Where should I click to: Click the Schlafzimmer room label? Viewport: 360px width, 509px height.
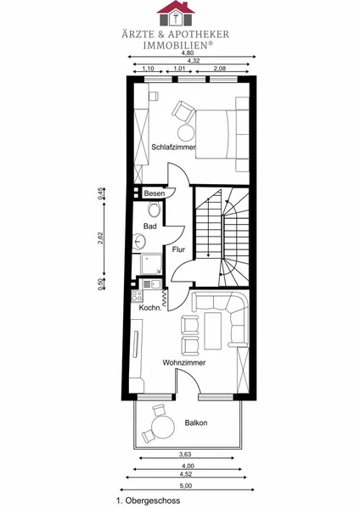173,147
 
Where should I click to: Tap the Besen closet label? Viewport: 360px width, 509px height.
155,193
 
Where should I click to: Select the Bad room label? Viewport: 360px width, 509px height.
149,227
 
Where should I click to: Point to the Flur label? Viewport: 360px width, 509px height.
178,249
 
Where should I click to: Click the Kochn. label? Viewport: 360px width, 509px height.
150,308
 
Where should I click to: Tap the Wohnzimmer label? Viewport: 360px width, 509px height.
184,362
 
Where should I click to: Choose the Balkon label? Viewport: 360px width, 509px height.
196,422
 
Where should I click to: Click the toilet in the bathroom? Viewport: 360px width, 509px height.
154,209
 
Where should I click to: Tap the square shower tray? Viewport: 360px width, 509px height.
151,264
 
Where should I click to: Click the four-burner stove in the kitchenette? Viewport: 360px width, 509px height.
137,296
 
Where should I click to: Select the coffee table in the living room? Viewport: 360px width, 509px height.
212,331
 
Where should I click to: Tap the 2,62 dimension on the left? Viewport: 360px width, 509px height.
100,238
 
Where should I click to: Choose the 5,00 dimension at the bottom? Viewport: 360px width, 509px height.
186,486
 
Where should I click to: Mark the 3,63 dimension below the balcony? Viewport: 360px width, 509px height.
185,454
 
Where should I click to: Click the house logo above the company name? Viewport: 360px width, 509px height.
176,14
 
